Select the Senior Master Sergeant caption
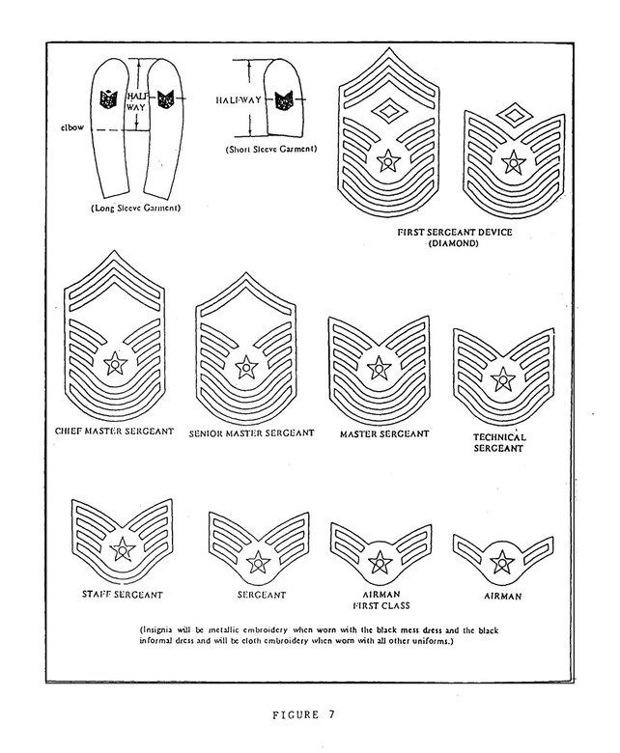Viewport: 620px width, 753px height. click(x=251, y=433)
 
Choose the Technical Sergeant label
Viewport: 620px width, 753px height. click(x=499, y=442)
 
